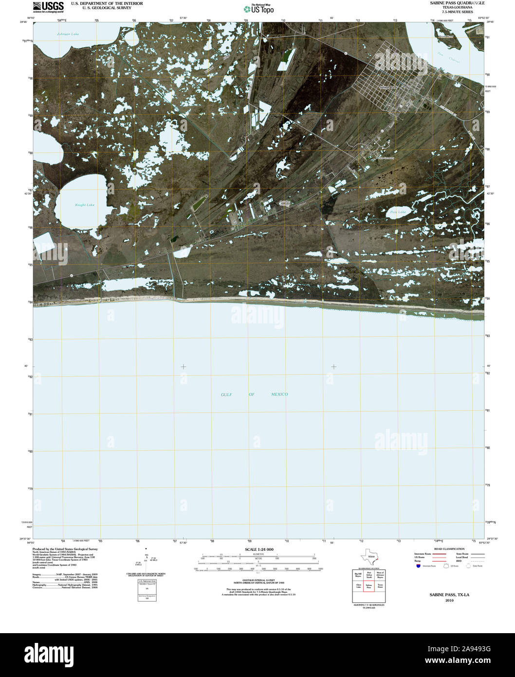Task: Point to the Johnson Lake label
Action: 68,34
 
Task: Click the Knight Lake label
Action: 85,205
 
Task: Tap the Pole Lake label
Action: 398,212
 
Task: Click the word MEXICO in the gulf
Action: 279,395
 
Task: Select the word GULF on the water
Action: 226,395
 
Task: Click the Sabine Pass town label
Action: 388,87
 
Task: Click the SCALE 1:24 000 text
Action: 259,549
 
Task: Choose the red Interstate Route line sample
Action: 441,554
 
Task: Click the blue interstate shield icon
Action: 418,566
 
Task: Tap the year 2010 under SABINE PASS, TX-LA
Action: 449,600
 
